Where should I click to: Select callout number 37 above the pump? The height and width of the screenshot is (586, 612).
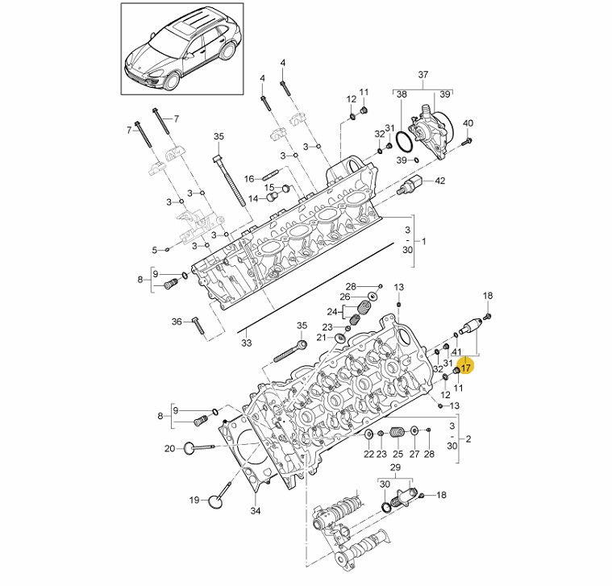point(423,75)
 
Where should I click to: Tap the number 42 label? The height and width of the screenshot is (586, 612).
point(439,181)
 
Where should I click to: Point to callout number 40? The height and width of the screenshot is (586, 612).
point(468,123)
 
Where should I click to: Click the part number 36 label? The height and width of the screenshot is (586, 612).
point(177,322)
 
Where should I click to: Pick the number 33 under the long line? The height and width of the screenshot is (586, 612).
point(246,343)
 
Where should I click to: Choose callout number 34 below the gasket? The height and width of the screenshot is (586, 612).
point(256,510)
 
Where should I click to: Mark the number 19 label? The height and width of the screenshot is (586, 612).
point(194,500)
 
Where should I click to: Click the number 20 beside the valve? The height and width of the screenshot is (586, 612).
point(169,448)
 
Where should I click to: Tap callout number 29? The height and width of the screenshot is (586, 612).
point(395,468)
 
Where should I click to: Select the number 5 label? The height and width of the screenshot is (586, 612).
point(155,250)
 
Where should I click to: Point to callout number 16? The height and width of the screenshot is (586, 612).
point(249,178)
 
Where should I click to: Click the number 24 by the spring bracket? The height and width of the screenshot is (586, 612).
point(331,311)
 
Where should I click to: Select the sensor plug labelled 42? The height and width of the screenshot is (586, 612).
point(412,185)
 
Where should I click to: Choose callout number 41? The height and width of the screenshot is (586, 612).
point(456,352)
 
